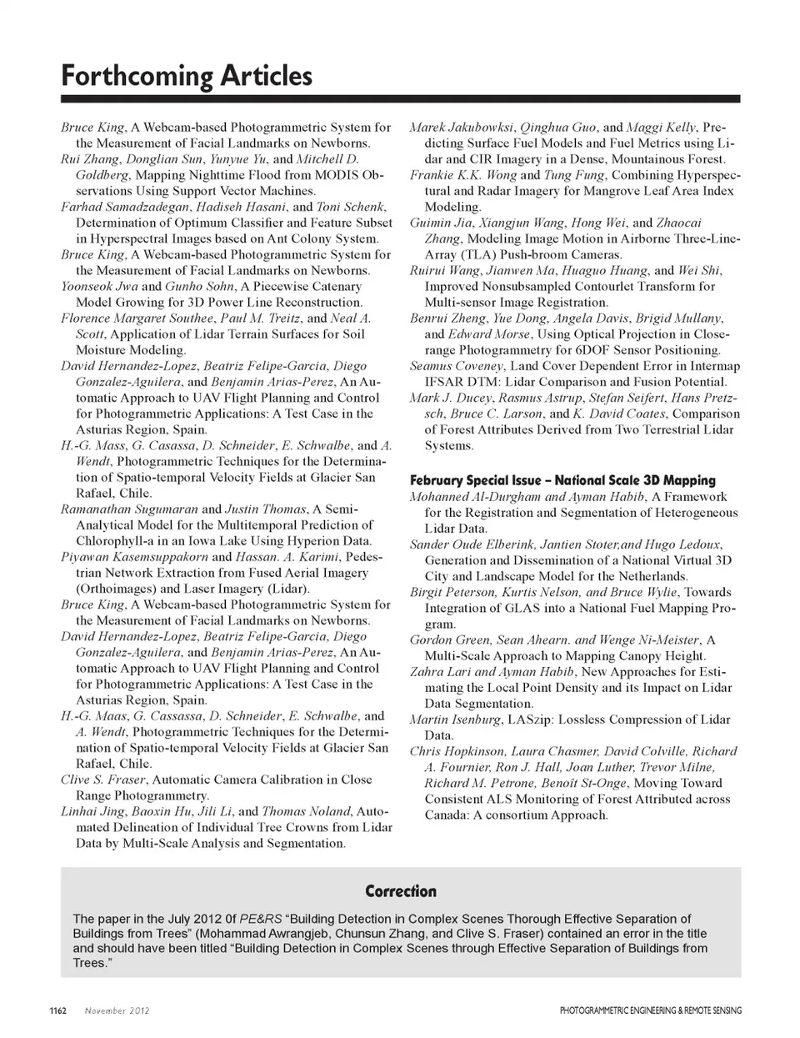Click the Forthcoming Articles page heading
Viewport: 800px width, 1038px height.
pos(187,77)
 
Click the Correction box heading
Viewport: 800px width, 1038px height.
pos(401,891)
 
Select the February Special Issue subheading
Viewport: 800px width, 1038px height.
pos(562,480)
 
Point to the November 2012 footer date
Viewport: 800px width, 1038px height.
pos(117,1010)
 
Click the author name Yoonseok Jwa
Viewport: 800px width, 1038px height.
pos(99,286)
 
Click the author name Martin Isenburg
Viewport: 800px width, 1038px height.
pos(455,720)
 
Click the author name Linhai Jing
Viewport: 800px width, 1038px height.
pos(91,811)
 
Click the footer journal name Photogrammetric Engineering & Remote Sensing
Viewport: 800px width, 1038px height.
pos(650,1010)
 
